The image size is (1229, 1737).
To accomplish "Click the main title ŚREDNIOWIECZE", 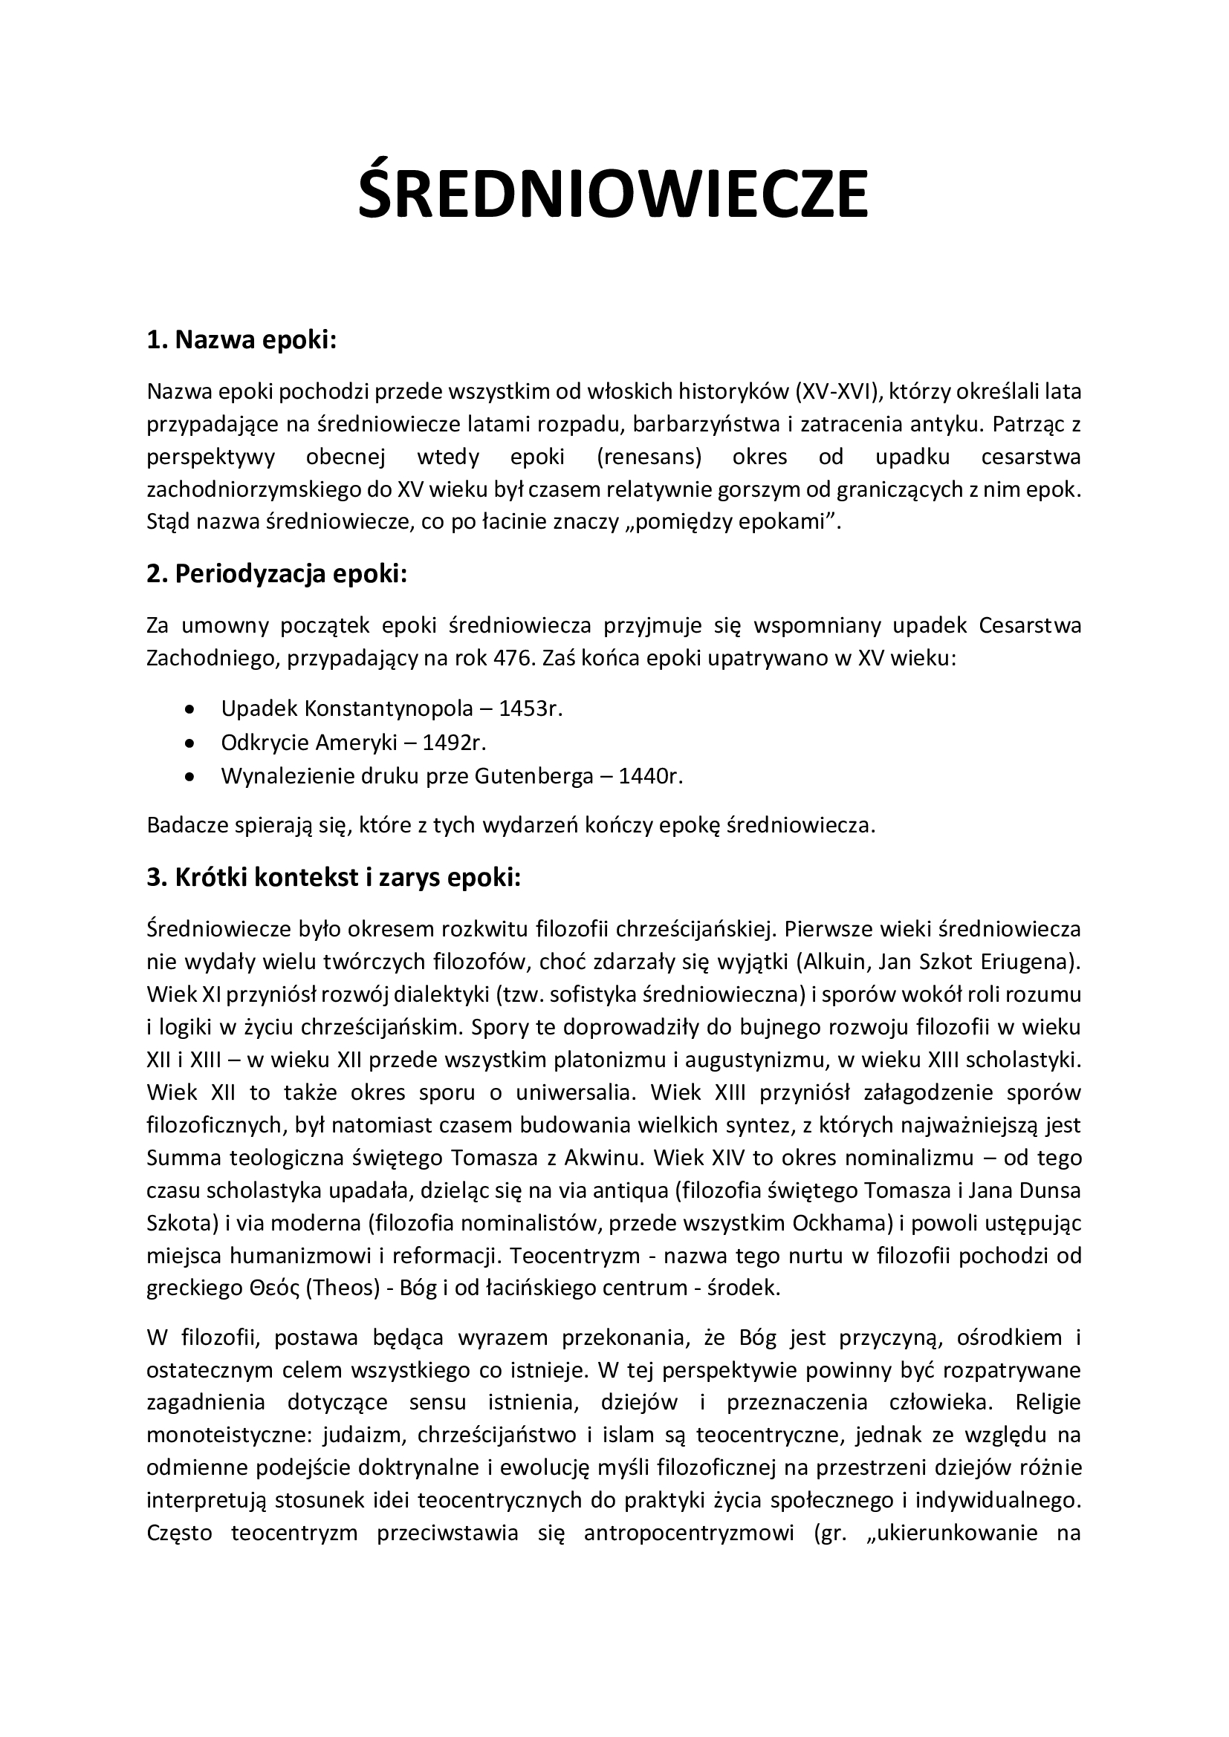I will [x=613, y=195].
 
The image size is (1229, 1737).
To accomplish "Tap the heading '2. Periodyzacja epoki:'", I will [x=276, y=574].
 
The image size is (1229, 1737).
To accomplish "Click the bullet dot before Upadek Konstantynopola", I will [x=189, y=709].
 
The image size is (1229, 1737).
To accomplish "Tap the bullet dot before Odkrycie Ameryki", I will [x=189, y=743].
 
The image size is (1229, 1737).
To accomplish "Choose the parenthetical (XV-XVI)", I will [x=837, y=391].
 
